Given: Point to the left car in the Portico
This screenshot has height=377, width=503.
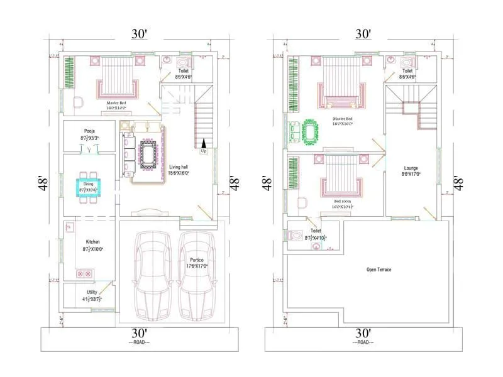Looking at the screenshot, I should click(152, 276).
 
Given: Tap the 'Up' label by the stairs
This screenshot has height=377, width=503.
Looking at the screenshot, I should click(203, 151).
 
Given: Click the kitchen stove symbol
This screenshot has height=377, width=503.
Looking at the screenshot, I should click(84, 273).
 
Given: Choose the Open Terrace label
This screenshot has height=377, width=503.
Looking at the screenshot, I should click(379, 270).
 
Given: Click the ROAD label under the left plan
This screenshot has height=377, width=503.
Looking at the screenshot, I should click(140, 342).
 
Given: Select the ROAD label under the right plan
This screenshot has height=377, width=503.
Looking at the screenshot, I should click(363, 342).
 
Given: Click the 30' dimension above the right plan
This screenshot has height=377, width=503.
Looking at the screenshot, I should click(363, 33).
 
